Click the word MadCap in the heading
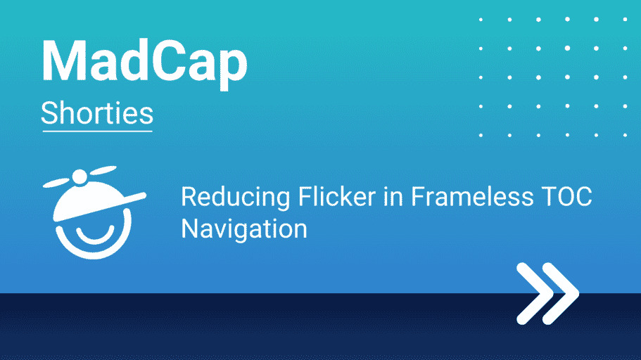(144, 62)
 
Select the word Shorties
(97, 113)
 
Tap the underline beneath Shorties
(97, 131)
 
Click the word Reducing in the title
(236, 198)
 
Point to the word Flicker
(337, 197)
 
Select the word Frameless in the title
(472, 197)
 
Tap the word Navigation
(244, 229)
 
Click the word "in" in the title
(393, 197)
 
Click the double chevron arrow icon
(547, 293)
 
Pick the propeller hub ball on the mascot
(80, 176)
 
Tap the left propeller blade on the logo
(56, 183)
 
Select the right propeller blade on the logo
(103, 170)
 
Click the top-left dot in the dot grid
(481, 19)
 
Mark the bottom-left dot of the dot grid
(481, 135)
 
